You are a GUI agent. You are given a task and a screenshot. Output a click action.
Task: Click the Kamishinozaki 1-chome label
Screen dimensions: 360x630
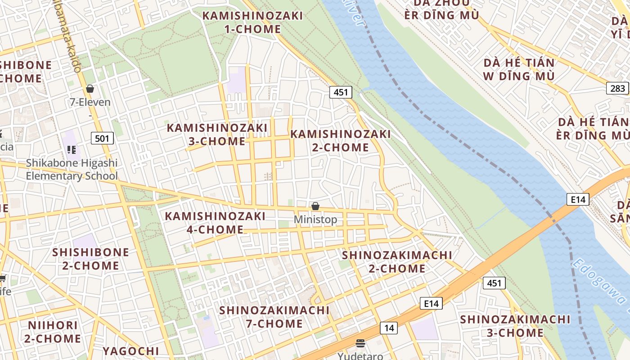[x=252, y=22]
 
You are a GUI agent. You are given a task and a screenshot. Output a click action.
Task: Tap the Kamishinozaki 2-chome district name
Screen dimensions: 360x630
[x=340, y=140]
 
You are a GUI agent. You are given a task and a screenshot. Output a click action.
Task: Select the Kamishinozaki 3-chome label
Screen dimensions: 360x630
[x=217, y=134]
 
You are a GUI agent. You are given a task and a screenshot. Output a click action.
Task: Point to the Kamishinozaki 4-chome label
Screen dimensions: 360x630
[x=215, y=223]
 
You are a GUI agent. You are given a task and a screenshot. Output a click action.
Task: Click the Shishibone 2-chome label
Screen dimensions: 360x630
[x=90, y=259]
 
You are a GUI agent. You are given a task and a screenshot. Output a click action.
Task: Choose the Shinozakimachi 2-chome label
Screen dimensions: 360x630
[x=397, y=261]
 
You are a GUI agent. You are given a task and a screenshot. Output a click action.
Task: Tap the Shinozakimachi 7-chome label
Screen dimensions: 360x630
[x=274, y=317]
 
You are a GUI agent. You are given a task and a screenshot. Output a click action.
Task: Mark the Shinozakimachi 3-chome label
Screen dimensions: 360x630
[x=515, y=326]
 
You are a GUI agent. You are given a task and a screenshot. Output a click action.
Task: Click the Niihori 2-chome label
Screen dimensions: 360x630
[x=53, y=332]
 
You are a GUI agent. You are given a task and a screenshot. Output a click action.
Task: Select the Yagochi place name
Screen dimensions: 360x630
[x=130, y=351]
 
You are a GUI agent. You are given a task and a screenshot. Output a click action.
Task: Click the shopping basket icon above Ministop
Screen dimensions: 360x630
[x=315, y=206]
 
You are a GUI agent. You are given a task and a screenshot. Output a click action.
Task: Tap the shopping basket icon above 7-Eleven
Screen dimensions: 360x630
[x=90, y=89]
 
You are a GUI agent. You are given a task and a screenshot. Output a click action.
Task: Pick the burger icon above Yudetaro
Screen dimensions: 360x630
[x=360, y=343]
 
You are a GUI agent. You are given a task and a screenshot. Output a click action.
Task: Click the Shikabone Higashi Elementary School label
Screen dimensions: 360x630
[x=72, y=169]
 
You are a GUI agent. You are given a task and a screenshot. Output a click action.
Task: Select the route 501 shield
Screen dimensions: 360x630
[x=102, y=138]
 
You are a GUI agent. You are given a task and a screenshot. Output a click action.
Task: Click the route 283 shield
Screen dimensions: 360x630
[x=617, y=88]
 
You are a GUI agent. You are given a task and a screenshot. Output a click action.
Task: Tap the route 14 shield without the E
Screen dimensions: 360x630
[x=389, y=328]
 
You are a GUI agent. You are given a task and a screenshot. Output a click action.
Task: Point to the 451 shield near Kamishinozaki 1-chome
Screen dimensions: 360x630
[x=341, y=92]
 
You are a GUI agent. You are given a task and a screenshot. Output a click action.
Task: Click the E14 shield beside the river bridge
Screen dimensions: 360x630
[x=577, y=199]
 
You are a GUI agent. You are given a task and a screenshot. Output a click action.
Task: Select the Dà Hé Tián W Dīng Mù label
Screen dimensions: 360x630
[x=519, y=69]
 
